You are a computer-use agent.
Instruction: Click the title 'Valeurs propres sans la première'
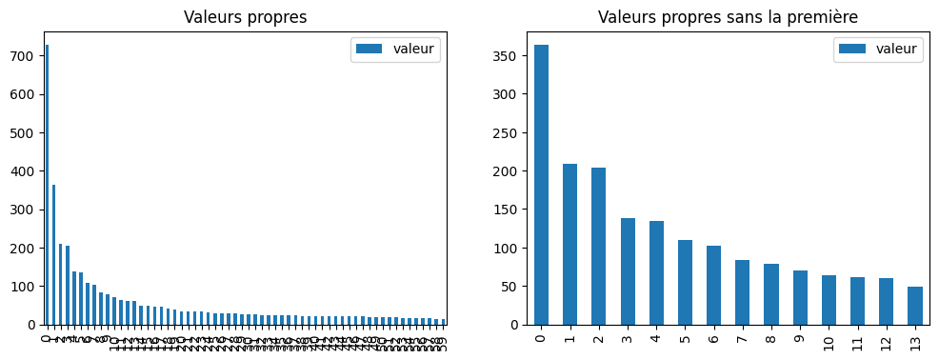point(728,17)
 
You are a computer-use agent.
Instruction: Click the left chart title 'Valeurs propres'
point(245,17)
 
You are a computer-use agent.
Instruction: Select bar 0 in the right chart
point(541,185)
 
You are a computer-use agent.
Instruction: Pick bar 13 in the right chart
point(914,306)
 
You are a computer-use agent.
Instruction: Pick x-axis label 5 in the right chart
point(685,337)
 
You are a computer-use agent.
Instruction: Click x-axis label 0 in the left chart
point(47,337)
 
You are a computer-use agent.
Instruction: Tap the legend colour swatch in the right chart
point(852,49)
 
